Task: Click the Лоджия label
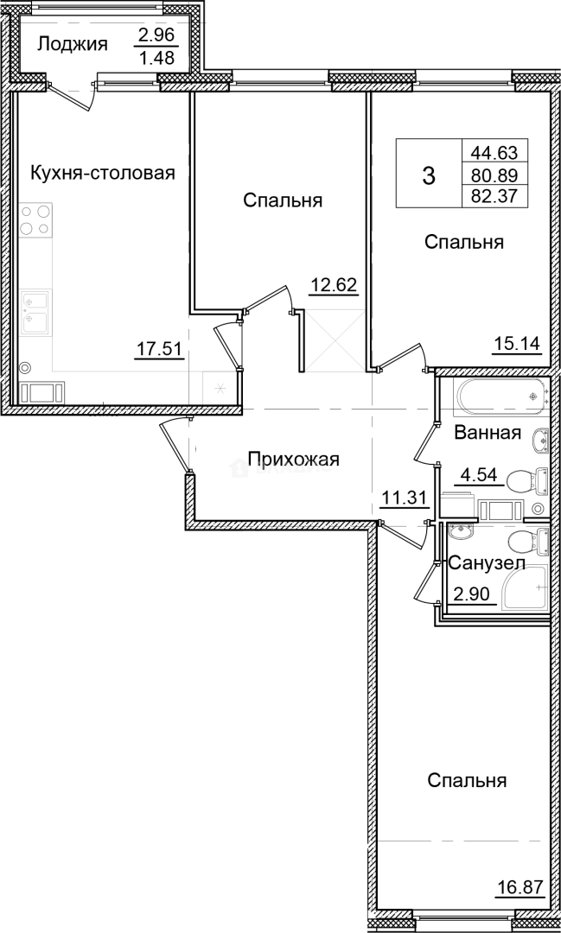tap(73, 44)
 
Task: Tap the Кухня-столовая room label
tap(103, 173)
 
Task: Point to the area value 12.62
tap(335, 286)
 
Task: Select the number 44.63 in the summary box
tap(494, 153)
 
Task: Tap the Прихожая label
tap(293, 459)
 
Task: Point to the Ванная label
tap(488, 433)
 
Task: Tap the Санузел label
tap(487, 562)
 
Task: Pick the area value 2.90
tap(474, 595)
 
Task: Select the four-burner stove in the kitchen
tap(35, 219)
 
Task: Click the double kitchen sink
tap(35, 311)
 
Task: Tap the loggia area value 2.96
tap(155, 36)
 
